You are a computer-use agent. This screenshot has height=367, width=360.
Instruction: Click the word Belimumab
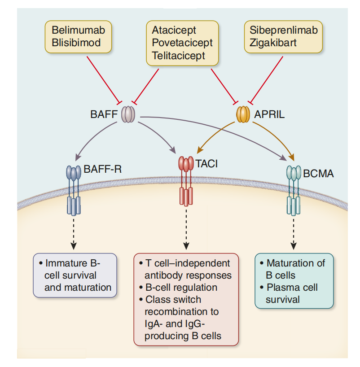79,31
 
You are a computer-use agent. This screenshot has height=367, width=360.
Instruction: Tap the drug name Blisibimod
76,43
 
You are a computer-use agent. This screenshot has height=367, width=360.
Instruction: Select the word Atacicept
174,31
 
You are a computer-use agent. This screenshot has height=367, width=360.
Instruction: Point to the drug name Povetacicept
182,44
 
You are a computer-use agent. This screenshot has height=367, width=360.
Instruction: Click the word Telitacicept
178,56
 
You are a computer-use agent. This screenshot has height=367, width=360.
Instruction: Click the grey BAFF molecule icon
127,114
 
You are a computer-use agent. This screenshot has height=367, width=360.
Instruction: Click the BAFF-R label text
103,169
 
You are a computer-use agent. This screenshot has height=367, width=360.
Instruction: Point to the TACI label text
206,164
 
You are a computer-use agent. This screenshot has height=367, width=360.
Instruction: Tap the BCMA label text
319,174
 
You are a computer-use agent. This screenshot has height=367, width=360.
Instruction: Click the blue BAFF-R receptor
74,191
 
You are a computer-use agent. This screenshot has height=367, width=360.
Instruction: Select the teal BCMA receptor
294,191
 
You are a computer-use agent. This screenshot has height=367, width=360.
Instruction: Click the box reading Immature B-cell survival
75,275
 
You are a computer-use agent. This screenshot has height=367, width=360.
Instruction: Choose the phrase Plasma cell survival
292,293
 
